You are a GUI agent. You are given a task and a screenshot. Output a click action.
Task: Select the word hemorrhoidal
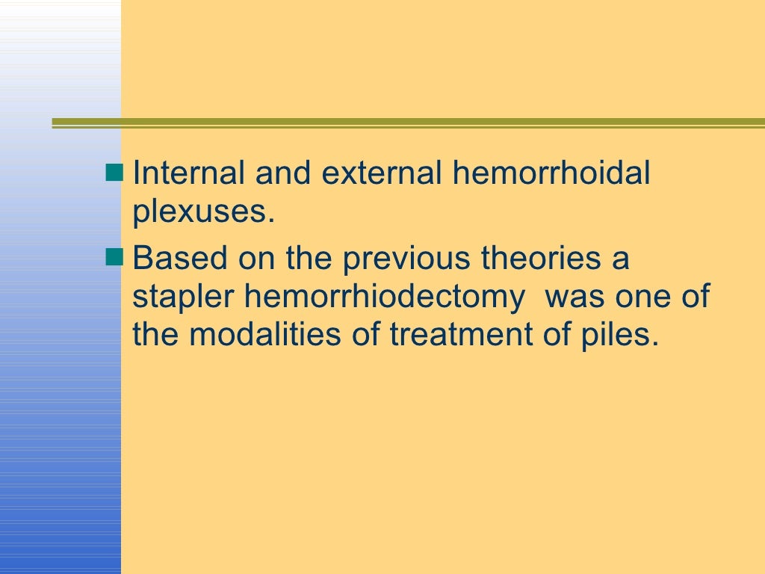[551, 174]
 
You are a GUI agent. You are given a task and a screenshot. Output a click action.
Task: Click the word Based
[180, 259]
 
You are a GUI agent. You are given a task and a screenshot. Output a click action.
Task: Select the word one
[640, 297]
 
